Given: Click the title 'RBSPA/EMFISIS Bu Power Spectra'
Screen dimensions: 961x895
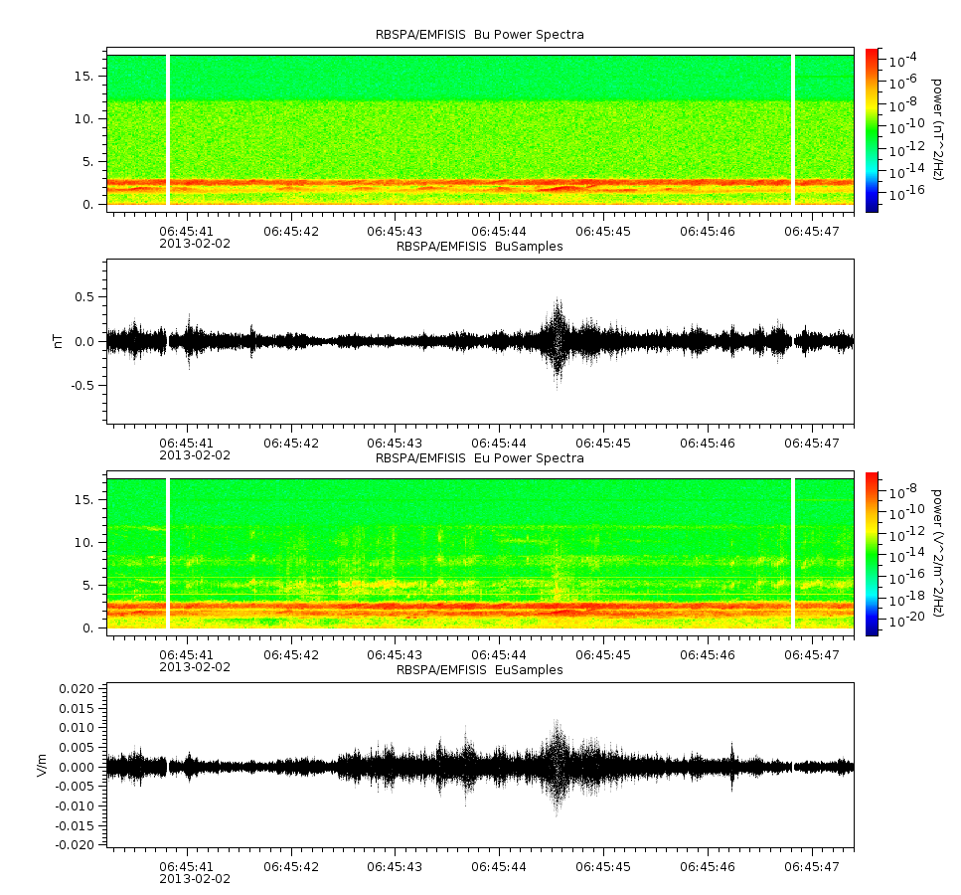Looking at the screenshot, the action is pos(479,35).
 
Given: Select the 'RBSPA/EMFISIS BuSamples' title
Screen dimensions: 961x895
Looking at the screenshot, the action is pos(479,246).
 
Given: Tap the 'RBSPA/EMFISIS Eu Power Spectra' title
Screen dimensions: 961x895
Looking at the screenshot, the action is pos(479,457).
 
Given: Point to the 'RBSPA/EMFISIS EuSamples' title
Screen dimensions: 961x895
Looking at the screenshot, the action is pos(479,669).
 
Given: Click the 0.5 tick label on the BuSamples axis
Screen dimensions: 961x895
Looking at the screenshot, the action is pos(84,297).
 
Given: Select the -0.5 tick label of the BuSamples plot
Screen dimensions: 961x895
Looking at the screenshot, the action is pos(82,385).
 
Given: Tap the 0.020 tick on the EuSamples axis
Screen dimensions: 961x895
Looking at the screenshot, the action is pos(77,688).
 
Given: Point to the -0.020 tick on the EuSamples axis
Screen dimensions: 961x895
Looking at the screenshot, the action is pos(75,844).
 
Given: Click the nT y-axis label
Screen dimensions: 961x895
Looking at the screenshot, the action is pos(59,341).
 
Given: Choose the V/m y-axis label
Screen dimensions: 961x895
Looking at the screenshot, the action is pos(42,765).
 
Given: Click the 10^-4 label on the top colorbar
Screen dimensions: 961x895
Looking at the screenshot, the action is pos(902,60).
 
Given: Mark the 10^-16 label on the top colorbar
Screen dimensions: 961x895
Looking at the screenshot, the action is pos(906,193).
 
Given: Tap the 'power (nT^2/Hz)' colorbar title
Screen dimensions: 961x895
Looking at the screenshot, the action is pos(936,129).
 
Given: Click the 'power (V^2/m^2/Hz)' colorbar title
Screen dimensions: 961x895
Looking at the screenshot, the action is pos(936,553).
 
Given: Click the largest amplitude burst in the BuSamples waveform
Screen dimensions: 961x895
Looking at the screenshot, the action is pos(558,342).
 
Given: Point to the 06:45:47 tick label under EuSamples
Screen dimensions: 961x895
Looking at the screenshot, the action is pos(812,867).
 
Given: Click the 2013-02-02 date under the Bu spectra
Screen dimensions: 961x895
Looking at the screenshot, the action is pos(195,244).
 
